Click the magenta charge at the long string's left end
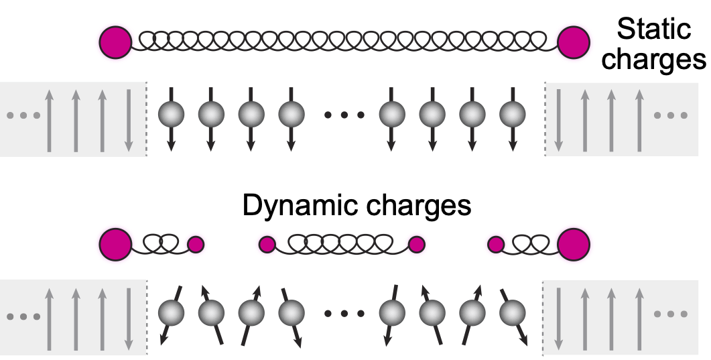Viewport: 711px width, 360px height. (x=116, y=42)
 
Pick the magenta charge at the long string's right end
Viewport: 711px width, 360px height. (x=573, y=42)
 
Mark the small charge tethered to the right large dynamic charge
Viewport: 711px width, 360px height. (x=496, y=245)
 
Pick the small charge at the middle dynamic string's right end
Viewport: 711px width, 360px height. (x=417, y=245)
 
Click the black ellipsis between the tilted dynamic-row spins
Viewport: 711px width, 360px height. (x=344, y=314)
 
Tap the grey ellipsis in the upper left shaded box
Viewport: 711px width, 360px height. (x=19, y=116)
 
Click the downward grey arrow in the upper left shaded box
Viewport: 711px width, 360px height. (x=129, y=121)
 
